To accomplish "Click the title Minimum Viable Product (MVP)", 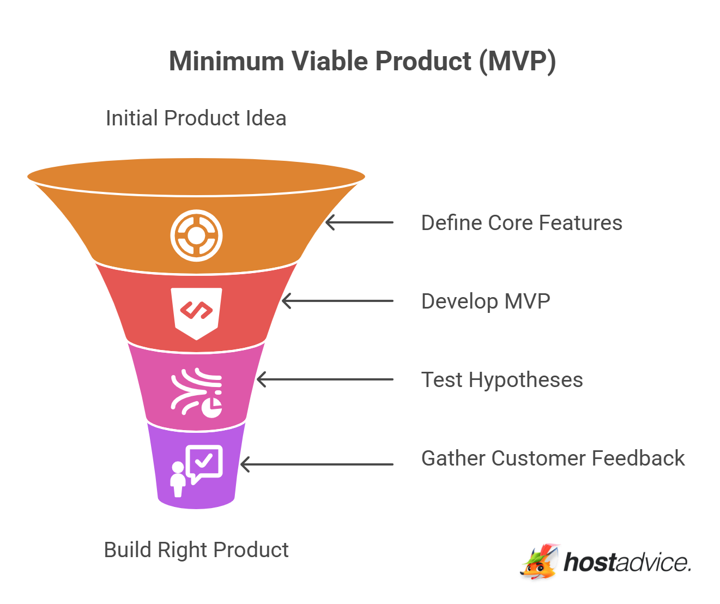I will (362, 61).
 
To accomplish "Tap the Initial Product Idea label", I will (196, 118).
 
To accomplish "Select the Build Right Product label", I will (196, 549).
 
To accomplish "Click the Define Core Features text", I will (521, 223).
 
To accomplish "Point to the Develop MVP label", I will (485, 301).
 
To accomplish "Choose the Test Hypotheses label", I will (501, 380).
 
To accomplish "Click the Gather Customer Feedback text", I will (552, 458).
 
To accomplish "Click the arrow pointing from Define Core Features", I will (359, 222).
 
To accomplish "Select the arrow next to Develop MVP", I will (337, 301).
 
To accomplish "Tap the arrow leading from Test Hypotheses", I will (325, 379).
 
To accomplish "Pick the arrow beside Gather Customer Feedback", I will (317, 464).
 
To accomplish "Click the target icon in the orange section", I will (196, 235).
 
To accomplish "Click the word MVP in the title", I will (521, 61).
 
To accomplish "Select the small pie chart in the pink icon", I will (212, 407).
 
